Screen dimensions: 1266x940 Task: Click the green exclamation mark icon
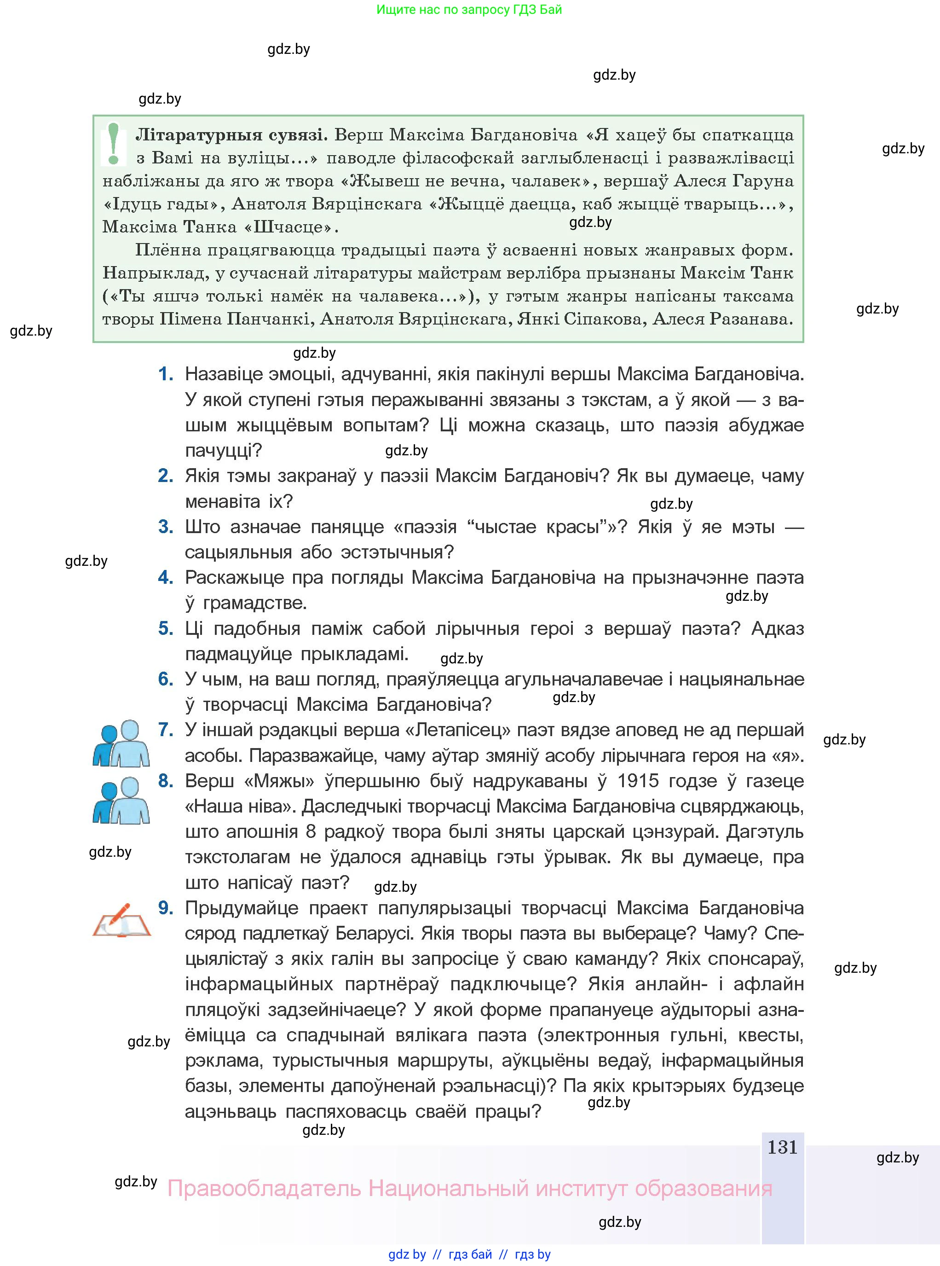click(x=114, y=145)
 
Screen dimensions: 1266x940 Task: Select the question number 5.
click(x=166, y=628)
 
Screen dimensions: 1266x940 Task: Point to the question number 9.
click(x=166, y=907)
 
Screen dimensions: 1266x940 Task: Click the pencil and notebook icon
click(x=121, y=920)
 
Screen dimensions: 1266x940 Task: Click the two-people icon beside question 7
click(x=121, y=743)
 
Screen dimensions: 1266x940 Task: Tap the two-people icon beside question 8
click(x=121, y=801)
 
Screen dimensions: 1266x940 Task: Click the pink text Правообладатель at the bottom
click(x=264, y=1189)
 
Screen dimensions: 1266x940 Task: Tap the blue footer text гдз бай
click(x=470, y=1254)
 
